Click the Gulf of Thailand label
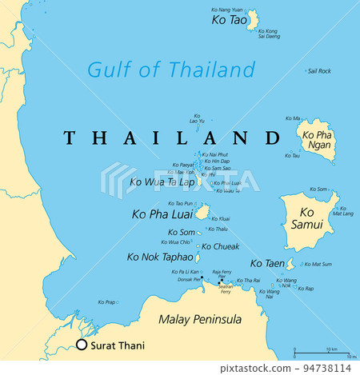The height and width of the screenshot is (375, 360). pos(172,70)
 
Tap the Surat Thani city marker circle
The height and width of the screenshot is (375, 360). pos(81,345)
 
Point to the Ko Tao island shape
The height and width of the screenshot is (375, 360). pos(252,20)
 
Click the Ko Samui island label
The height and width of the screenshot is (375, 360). pos(310,218)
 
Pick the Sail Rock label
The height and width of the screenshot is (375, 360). pos(319,71)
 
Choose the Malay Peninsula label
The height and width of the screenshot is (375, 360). pos(200,320)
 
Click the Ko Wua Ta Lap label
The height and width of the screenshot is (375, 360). pos(162,182)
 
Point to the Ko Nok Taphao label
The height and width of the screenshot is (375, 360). pos(160,257)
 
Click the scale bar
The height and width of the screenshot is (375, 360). pos(323,351)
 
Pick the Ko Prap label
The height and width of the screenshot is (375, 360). pos(106,302)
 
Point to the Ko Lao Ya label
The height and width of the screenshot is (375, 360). pos(197,120)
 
